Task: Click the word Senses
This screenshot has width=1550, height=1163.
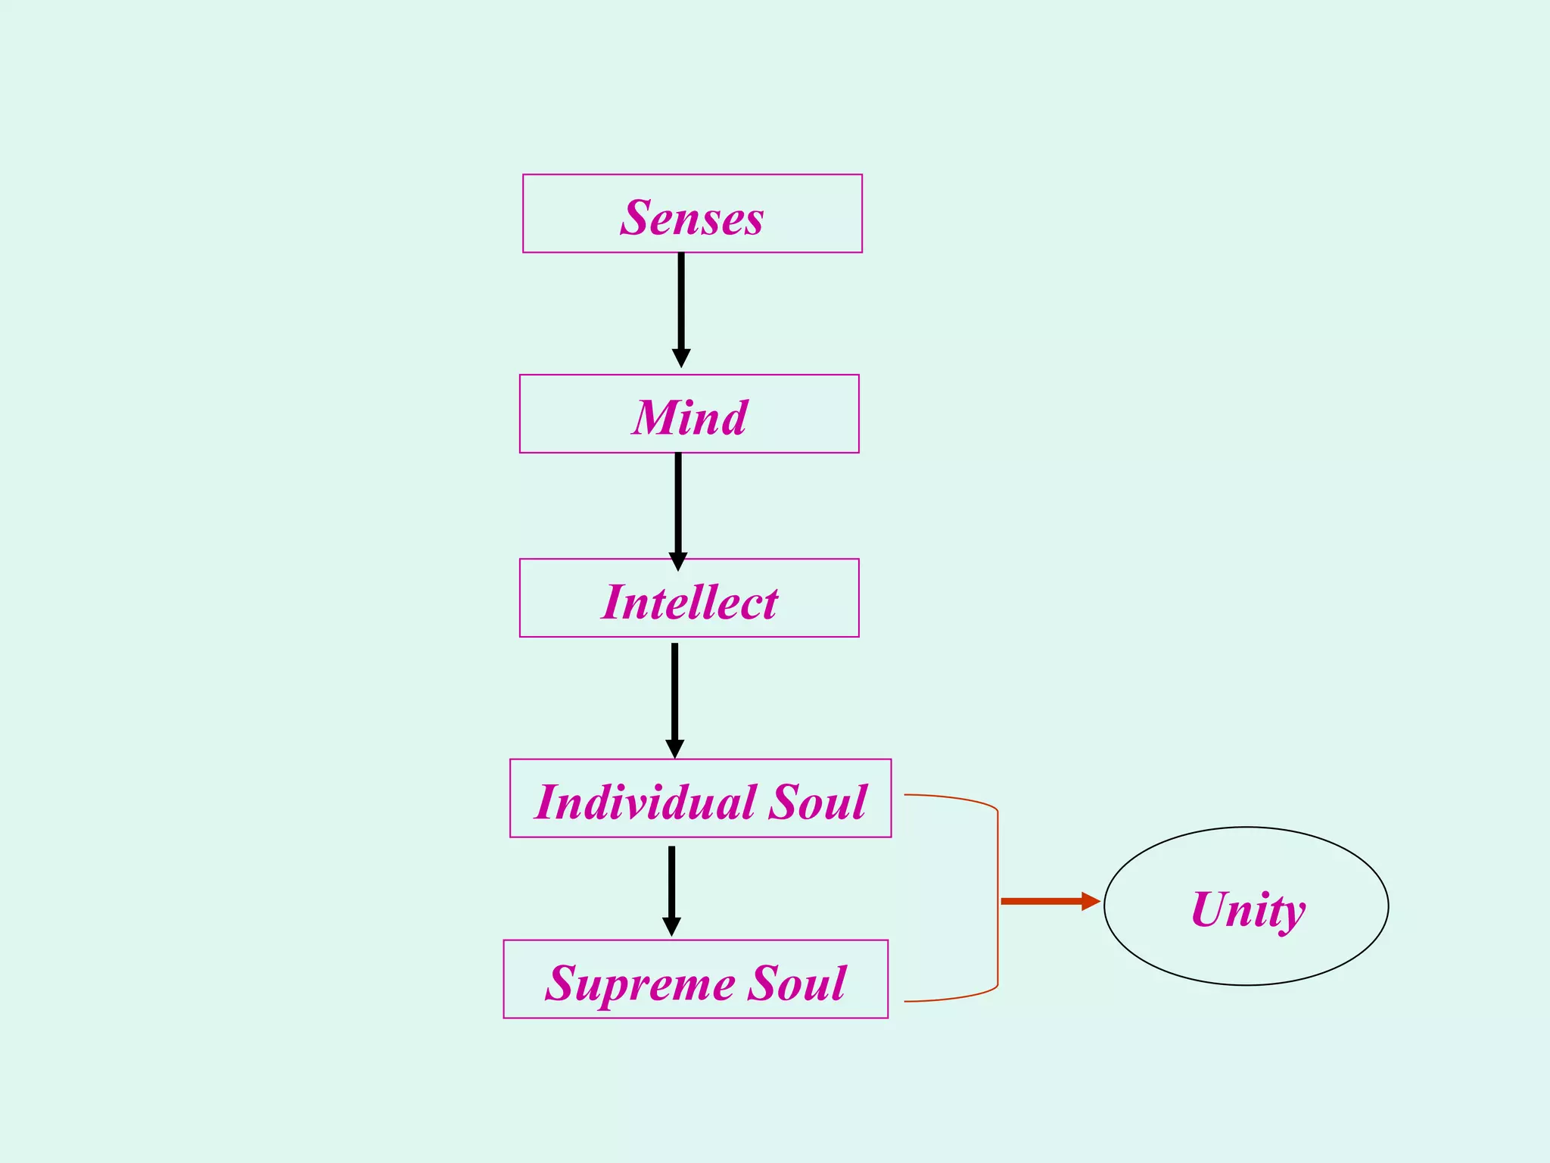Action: point(692,218)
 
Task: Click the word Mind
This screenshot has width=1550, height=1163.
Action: point(689,418)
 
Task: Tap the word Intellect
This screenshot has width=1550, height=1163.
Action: point(689,602)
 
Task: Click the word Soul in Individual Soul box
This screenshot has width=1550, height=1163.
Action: point(817,802)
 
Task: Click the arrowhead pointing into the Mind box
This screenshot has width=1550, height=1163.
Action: point(681,358)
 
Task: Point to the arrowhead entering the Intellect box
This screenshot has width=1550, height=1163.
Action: point(678,561)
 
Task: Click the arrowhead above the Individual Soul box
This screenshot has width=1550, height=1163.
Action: point(674,748)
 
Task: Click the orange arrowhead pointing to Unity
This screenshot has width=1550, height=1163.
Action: point(1090,901)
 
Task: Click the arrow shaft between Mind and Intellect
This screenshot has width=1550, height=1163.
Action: point(678,503)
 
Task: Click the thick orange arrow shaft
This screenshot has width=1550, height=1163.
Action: point(1041,901)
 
